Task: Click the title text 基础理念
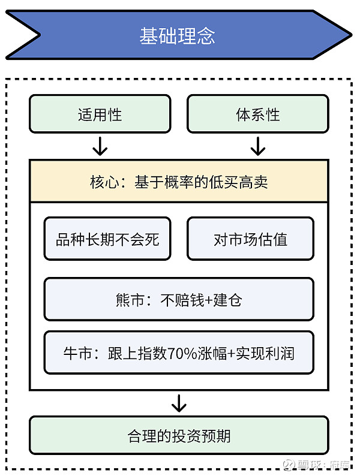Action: (x=178, y=36)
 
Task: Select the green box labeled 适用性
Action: (x=100, y=114)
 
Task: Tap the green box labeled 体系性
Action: (x=258, y=114)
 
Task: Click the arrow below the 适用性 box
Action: (x=100, y=146)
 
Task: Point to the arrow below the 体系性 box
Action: (x=258, y=146)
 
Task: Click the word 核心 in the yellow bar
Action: (x=104, y=182)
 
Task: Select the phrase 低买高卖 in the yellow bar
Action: (x=238, y=182)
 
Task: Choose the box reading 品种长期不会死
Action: (x=107, y=239)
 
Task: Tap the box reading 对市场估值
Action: (x=251, y=239)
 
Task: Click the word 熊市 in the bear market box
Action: (x=130, y=300)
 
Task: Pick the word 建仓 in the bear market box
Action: (x=227, y=300)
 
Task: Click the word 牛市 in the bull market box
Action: (x=77, y=353)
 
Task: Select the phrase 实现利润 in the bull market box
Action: (x=265, y=353)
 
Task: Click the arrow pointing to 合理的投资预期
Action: (x=179, y=403)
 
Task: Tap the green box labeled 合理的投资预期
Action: (x=179, y=435)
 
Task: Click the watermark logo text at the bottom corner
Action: (x=317, y=465)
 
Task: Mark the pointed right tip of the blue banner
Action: (x=352, y=35)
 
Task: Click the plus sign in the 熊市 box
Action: (x=209, y=300)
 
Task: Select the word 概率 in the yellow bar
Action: (x=179, y=182)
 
